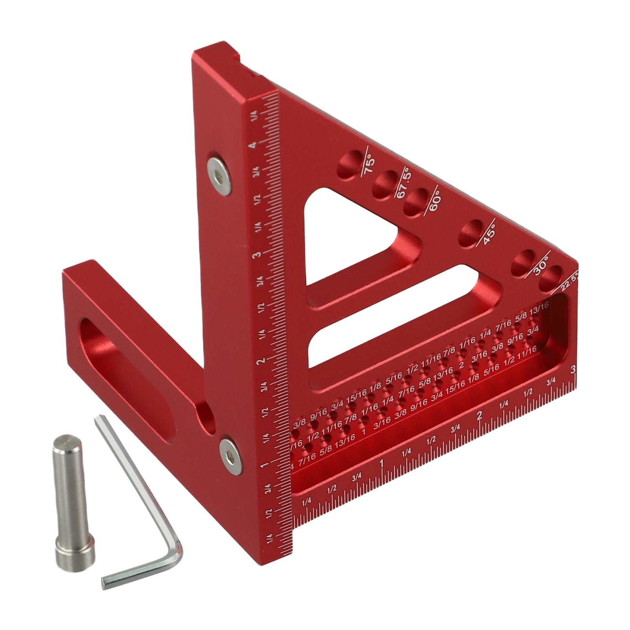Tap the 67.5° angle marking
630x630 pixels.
404,183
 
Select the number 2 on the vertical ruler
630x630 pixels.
260,361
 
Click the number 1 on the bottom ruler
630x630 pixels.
381,463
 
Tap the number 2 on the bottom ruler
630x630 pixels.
479,416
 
